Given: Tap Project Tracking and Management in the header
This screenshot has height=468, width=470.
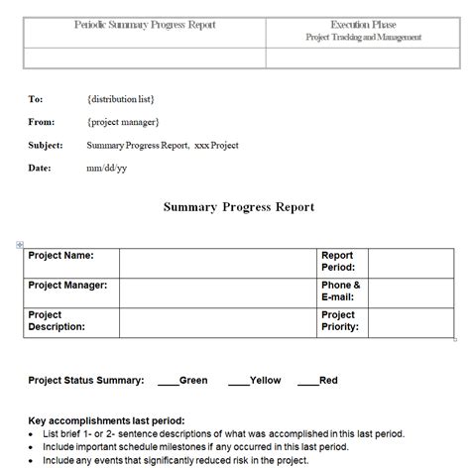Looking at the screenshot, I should pyautogui.click(x=363, y=37).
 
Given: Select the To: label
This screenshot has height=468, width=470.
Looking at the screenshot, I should pyautogui.click(x=36, y=99).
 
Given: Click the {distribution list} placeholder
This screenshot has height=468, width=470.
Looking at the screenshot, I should pyautogui.click(x=121, y=99).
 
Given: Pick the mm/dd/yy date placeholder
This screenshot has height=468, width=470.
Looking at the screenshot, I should pyautogui.click(x=106, y=169).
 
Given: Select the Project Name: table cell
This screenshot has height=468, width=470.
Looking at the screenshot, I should pyautogui.click(x=61, y=256).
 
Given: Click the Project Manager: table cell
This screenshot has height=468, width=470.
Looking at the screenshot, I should pyautogui.click(x=67, y=286).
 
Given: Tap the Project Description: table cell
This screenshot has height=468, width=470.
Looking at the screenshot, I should pyautogui.click(x=57, y=321).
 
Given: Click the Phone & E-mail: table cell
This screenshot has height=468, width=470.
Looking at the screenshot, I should pyautogui.click(x=340, y=292).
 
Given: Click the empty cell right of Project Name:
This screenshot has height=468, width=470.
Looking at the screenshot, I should pyautogui.click(x=217, y=263).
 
